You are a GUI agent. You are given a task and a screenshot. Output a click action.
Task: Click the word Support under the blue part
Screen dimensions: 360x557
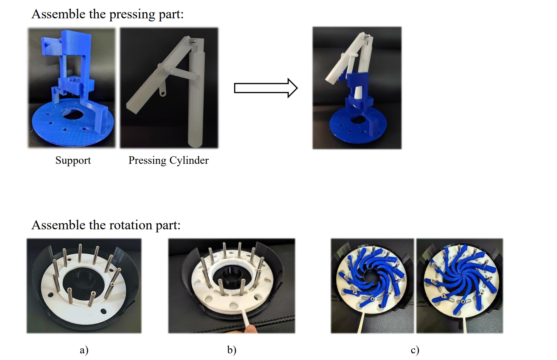[73, 160]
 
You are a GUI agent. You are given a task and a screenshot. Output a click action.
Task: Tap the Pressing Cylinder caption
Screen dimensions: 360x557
[169, 160]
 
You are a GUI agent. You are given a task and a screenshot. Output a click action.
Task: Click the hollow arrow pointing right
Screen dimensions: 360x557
[266, 88]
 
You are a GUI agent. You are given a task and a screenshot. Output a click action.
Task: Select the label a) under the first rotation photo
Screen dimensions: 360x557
[84, 350]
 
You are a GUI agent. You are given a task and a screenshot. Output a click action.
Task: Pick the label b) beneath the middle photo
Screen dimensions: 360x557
[232, 350]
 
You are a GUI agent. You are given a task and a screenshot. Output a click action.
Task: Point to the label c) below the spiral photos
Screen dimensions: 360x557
[415, 350]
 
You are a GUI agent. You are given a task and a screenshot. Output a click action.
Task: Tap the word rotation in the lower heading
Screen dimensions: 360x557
[130, 225]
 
